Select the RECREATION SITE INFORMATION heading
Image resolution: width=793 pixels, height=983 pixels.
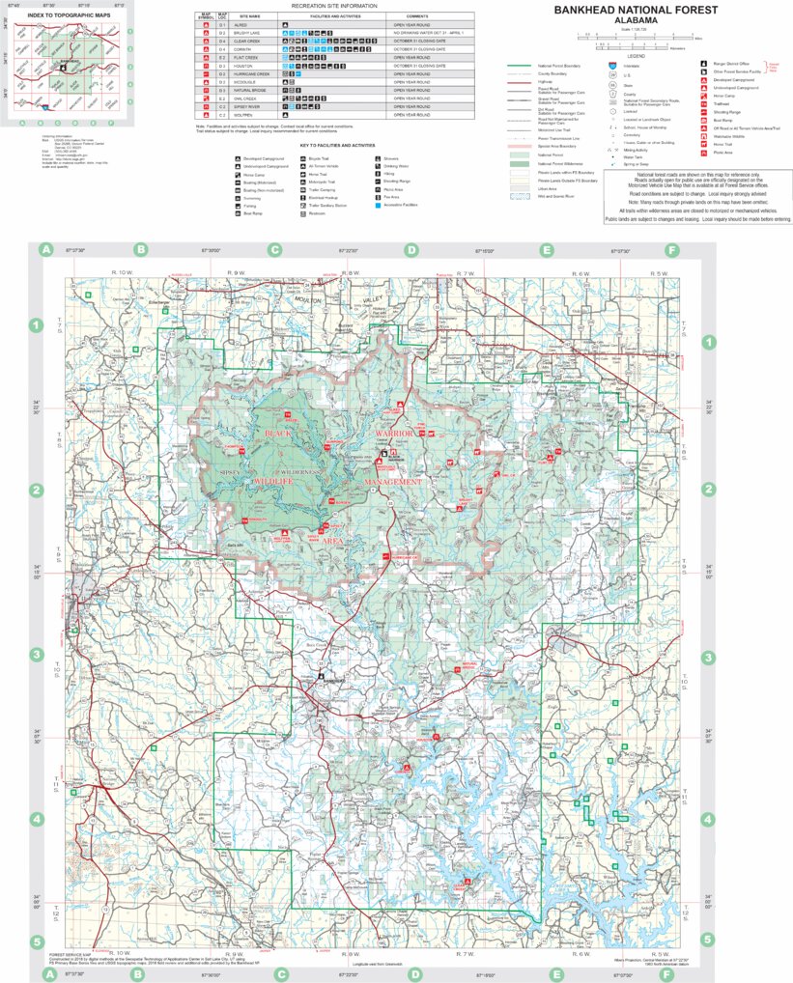click(x=333, y=6)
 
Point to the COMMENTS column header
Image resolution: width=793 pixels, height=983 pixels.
click(x=417, y=16)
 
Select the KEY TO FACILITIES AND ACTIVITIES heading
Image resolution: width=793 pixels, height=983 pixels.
click(x=337, y=144)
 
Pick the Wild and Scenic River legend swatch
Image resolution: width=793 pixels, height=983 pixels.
click(x=520, y=195)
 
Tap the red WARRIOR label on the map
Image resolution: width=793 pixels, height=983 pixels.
click(x=393, y=435)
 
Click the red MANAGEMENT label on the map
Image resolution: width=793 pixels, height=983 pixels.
click(x=392, y=481)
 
